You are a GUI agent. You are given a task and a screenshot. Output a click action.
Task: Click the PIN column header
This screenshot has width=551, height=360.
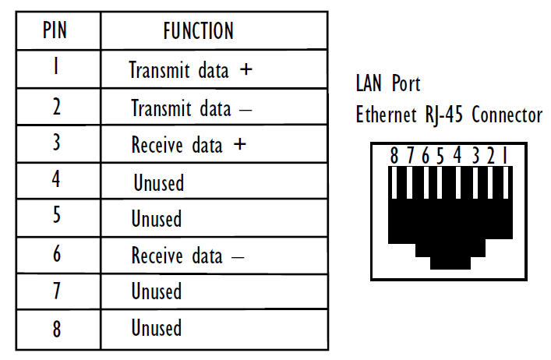click(55, 31)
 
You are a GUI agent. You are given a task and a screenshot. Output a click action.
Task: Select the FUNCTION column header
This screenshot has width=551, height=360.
click(198, 31)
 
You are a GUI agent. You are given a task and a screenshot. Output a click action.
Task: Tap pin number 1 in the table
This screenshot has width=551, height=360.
click(56, 69)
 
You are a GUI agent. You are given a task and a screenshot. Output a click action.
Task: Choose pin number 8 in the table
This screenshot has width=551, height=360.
click(56, 328)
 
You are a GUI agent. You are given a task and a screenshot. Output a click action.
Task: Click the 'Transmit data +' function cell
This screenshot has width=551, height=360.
click(191, 70)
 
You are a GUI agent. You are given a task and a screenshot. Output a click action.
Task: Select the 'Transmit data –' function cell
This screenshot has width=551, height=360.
click(191, 108)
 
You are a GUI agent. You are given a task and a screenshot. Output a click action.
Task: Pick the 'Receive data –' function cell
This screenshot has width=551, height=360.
click(187, 256)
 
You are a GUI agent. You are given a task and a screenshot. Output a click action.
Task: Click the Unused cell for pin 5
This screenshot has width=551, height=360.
click(156, 219)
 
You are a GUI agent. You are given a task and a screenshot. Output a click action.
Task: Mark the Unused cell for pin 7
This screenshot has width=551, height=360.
click(156, 292)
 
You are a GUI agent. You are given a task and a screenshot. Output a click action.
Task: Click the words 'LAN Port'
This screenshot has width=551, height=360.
click(387, 83)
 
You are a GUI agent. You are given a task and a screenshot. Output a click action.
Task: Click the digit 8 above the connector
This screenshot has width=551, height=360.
click(394, 156)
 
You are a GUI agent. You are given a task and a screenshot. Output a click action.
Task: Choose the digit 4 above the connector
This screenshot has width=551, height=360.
click(457, 156)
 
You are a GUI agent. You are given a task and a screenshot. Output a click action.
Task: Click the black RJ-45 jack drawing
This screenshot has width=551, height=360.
click(450, 222)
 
